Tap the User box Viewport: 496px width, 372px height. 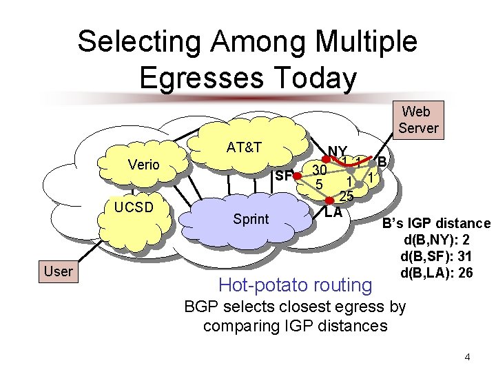tap(58, 271)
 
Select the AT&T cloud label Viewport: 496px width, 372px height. tap(244, 147)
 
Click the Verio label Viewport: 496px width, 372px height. tap(144, 165)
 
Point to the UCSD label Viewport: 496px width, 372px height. tap(134, 207)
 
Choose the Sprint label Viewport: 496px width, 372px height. tap(251, 219)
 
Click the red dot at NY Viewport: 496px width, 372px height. tap(327, 161)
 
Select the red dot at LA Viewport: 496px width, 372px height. tap(329, 201)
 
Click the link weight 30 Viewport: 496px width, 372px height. tap(318, 169)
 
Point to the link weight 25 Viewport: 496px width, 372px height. tap(346, 196)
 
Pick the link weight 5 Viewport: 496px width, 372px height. tap(319, 184)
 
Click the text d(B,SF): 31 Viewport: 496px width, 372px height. tap(435, 257)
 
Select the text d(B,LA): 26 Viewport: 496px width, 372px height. tap(435, 273)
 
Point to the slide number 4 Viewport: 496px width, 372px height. tap(467, 357)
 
